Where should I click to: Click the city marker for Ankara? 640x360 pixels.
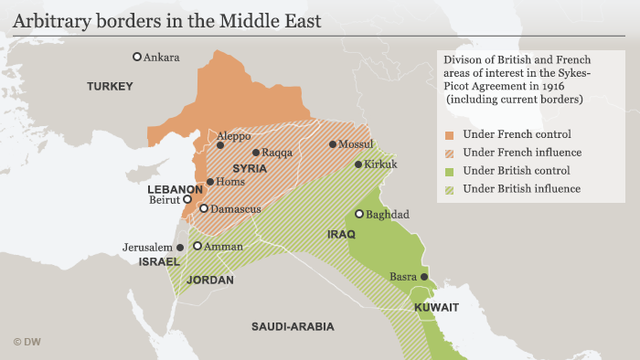pyautogui.click(x=137, y=58)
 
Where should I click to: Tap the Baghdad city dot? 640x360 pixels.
pyautogui.click(x=360, y=214)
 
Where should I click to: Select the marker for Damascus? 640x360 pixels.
pyautogui.click(x=203, y=209)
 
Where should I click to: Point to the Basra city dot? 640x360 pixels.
pyautogui.click(x=424, y=277)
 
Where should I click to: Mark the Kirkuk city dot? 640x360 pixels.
pyautogui.click(x=359, y=164)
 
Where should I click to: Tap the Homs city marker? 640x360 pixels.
pyautogui.click(x=210, y=182)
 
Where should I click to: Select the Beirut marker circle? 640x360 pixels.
pyautogui.click(x=187, y=199)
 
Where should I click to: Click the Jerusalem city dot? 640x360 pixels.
pyautogui.click(x=179, y=247)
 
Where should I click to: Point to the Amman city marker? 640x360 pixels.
pyautogui.click(x=197, y=245)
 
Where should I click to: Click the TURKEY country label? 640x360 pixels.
pyautogui.click(x=109, y=87)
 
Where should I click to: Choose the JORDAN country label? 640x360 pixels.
pyautogui.click(x=211, y=280)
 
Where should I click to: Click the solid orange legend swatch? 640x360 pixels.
pyautogui.click(x=451, y=134)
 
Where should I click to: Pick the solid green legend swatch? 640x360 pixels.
pyautogui.click(x=451, y=170)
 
